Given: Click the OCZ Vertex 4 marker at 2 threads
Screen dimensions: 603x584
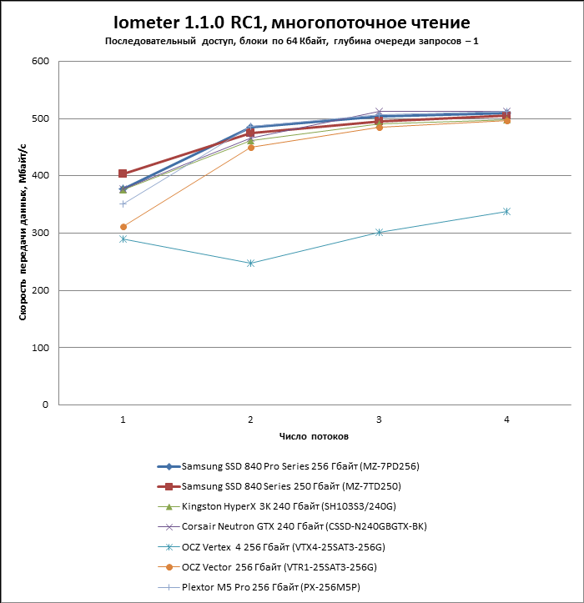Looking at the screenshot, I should pyautogui.click(x=250, y=264).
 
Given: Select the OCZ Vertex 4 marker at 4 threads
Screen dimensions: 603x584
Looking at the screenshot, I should pyautogui.click(x=506, y=212).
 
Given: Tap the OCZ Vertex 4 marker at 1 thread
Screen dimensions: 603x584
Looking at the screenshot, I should pyautogui.click(x=123, y=239).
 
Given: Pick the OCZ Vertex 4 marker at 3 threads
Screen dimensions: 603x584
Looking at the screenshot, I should pyautogui.click(x=379, y=233).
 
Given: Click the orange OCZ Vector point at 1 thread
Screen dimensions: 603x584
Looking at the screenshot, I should pyautogui.click(x=123, y=227).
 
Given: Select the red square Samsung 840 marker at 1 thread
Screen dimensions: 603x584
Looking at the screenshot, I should pyautogui.click(x=123, y=173).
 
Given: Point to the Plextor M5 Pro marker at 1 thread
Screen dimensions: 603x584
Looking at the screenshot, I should pyautogui.click(x=123, y=204).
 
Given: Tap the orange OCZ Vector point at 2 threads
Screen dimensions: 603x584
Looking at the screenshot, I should pyautogui.click(x=250, y=147).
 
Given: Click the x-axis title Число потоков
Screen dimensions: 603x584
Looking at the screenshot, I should pyautogui.click(x=314, y=436).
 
